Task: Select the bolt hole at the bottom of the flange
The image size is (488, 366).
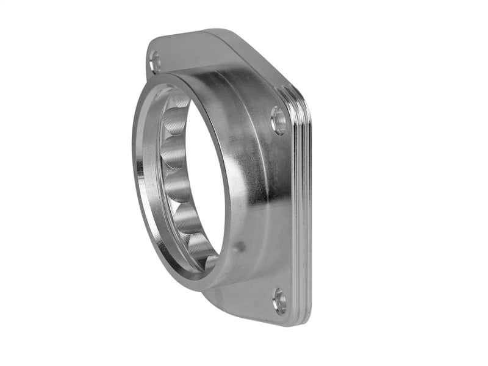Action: (279, 300)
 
